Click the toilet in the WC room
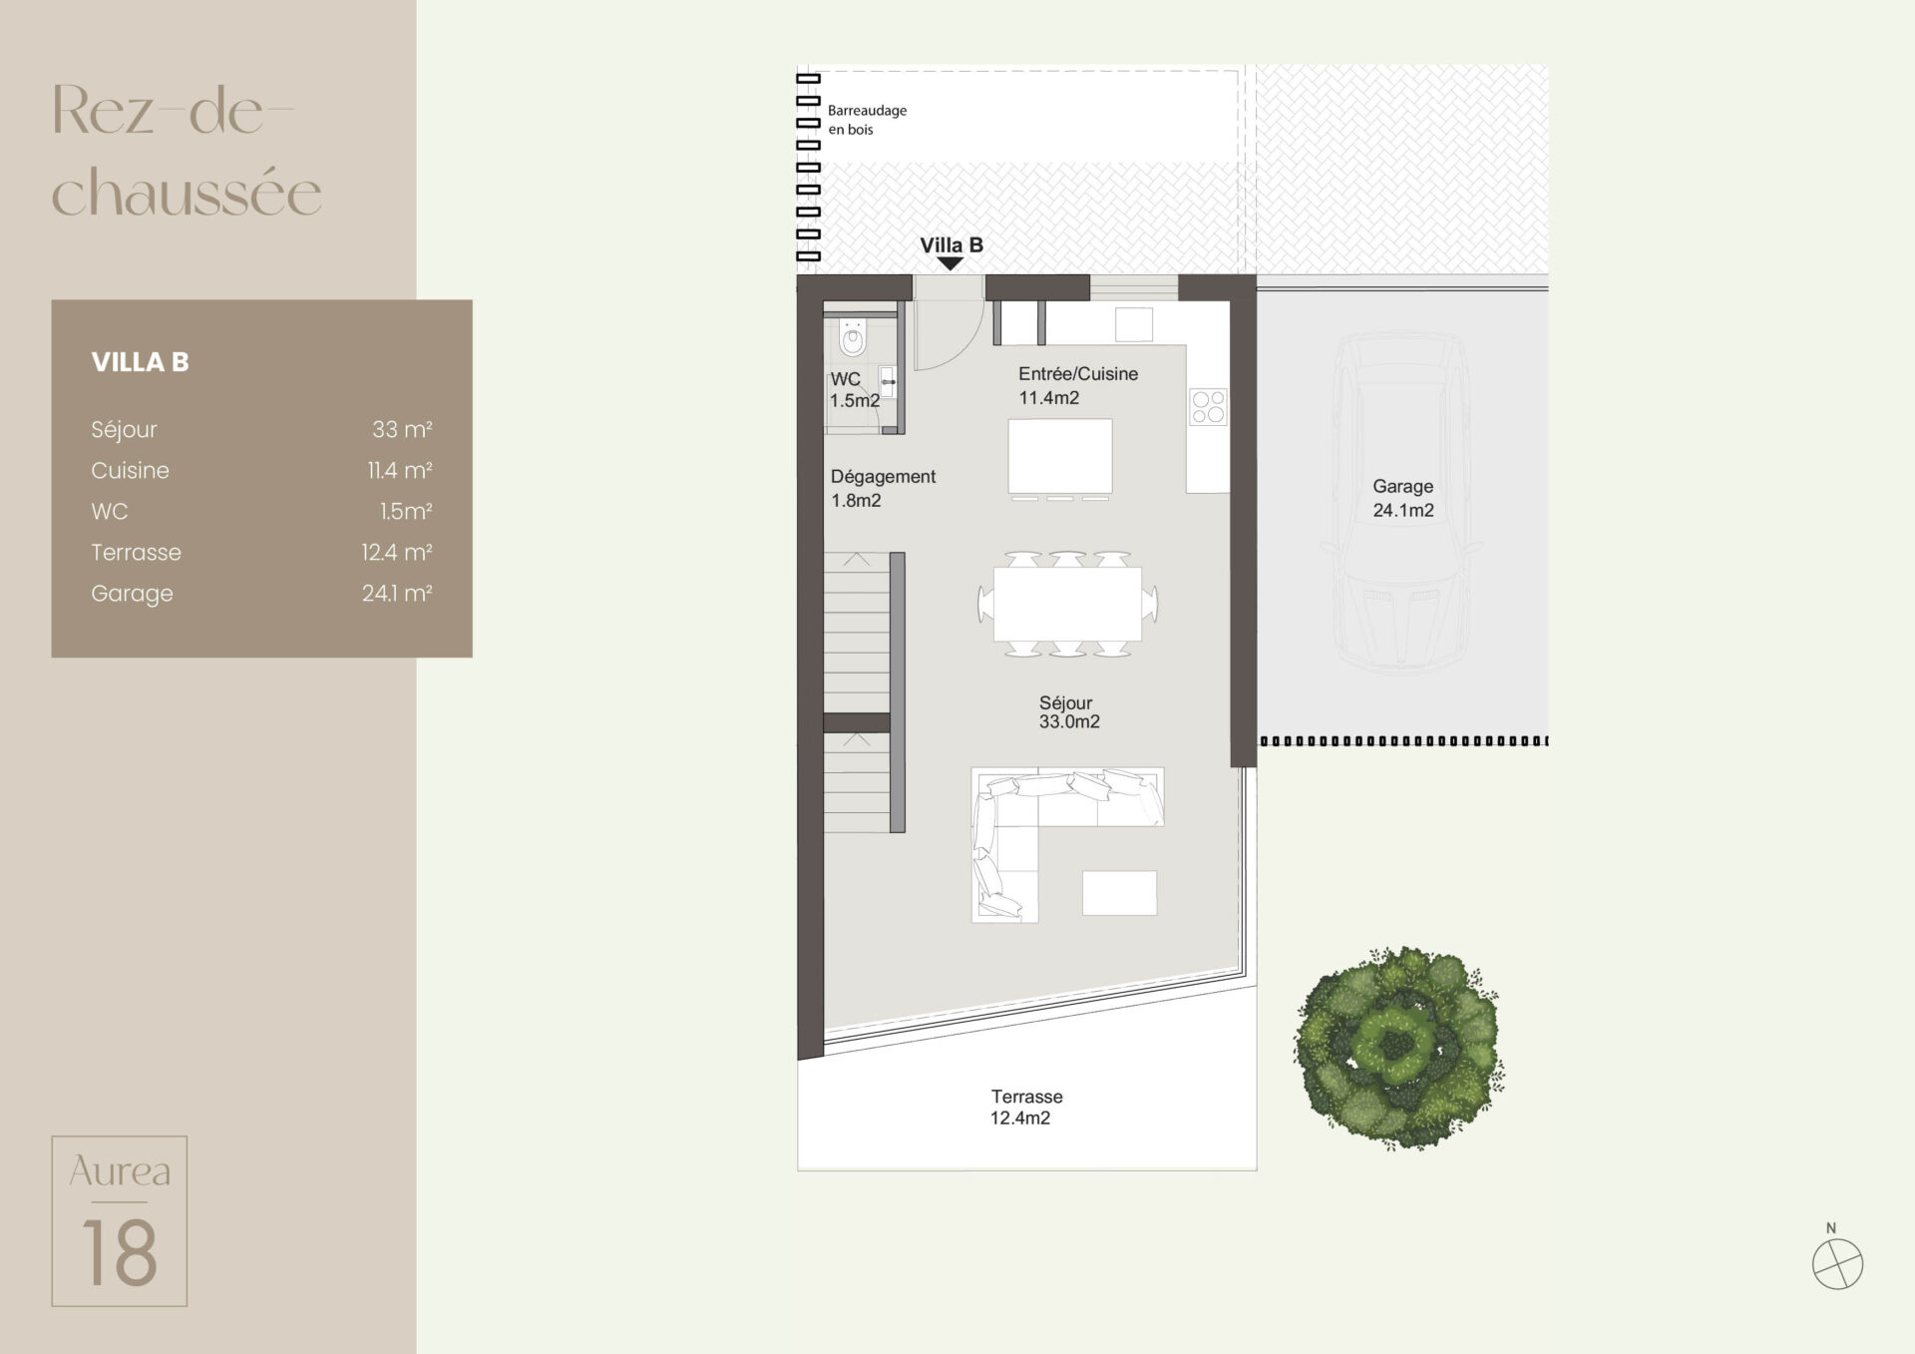click(x=853, y=337)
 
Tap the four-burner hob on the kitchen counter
click(x=1208, y=407)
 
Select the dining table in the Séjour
click(x=1067, y=604)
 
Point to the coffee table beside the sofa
click(x=1120, y=893)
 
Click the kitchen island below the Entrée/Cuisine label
click(x=1060, y=456)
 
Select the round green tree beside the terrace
click(x=1398, y=1047)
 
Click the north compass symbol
click(x=1837, y=1263)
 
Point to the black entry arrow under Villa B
click(x=951, y=263)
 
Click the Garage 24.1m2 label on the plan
click(x=1403, y=498)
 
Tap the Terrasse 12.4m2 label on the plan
click(x=1026, y=1108)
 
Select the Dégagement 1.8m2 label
click(x=883, y=489)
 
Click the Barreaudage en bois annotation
click(x=867, y=120)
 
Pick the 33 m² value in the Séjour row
click(x=402, y=429)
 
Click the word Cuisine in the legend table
click(x=130, y=470)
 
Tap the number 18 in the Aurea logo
click(x=120, y=1252)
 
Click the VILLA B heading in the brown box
click(x=140, y=362)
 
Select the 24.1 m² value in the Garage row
click(x=397, y=593)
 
